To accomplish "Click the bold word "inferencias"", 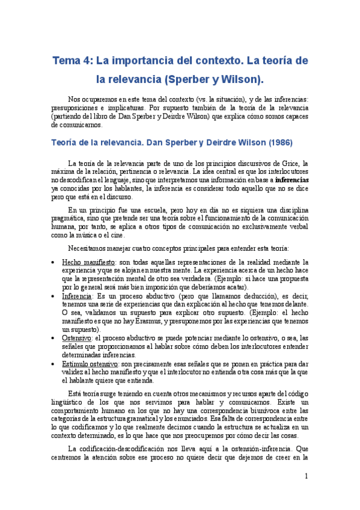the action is pos(292,179).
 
